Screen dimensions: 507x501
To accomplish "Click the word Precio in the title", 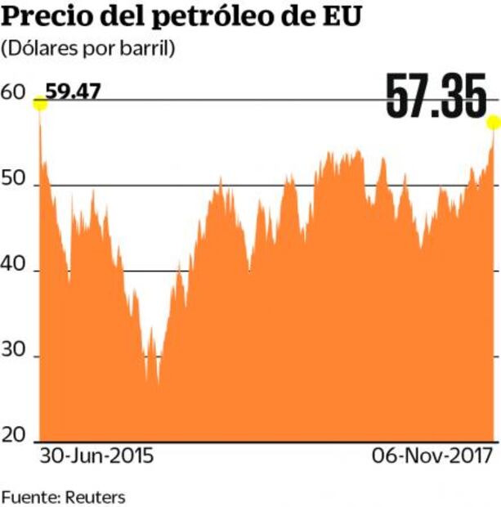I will (42, 17).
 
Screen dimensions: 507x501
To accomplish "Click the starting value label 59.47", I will (73, 90).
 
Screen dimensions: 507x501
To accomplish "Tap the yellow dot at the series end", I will (493, 122).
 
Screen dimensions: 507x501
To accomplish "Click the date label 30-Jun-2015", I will (96, 456).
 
